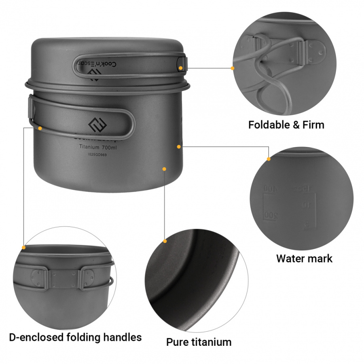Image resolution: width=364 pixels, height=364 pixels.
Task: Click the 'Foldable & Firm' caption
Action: pos(286,125)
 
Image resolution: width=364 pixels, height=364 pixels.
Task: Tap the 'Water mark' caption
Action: pos(304,258)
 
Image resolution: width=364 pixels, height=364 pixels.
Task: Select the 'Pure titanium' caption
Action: pos(199,342)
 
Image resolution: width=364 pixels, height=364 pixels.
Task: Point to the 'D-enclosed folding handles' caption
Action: pos(75,337)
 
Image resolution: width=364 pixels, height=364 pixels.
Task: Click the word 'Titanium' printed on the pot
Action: pos(90,147)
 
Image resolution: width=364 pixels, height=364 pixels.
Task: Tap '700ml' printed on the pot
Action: pos(114,147)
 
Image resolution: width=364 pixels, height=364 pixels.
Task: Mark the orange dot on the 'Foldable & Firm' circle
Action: pos(233,68)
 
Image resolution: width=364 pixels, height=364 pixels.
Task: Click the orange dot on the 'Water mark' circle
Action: pos(269,159)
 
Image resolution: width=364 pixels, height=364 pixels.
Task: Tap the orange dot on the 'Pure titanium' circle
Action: pos(165,241)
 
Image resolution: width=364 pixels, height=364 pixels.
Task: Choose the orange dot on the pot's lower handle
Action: pos(40,128)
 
